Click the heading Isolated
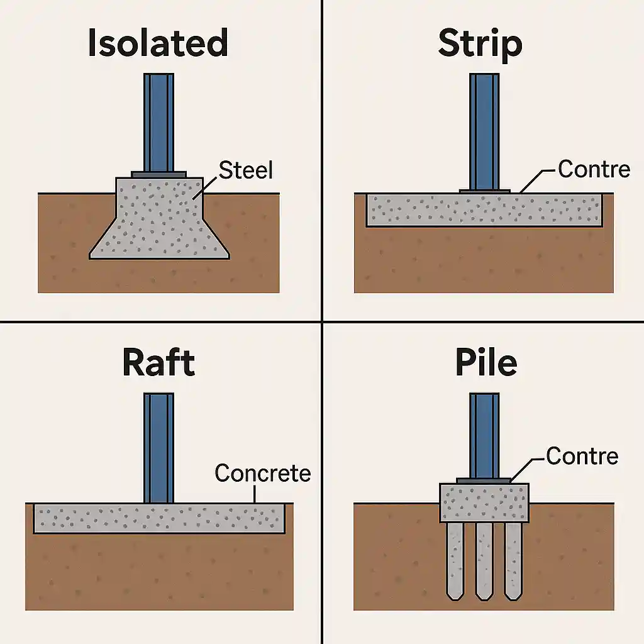[157, 44]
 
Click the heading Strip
[480, 44]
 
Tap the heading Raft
[158, 363]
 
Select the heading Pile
[486, 363]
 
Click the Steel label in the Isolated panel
[246, 169]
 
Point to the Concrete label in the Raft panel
[262, 473]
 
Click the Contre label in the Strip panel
[594, 169]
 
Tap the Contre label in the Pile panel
[582, 455]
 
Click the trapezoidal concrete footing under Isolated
[158, 220]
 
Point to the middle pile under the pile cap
[484, 560]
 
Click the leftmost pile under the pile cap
[454, 560]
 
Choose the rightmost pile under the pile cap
[514, 560]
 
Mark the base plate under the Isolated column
[158, 174]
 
